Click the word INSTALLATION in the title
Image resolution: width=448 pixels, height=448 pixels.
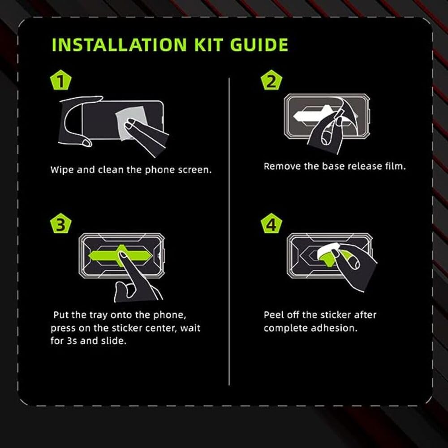(x=119, y=45)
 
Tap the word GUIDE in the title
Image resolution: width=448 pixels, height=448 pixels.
(x=259, y=45)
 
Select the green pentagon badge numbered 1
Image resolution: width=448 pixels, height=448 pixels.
(x=60, y=80)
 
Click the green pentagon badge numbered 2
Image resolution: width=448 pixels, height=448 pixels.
(x=271, y=80)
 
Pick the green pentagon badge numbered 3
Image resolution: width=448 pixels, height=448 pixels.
(x=60, y=224)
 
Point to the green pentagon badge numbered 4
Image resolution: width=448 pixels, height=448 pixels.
(x=271, y=224)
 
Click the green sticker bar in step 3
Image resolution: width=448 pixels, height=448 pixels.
(x=120, y=255)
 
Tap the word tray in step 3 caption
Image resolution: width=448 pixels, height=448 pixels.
(x=99, y=315)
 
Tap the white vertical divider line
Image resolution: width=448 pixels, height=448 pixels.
(x=229, y=232)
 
